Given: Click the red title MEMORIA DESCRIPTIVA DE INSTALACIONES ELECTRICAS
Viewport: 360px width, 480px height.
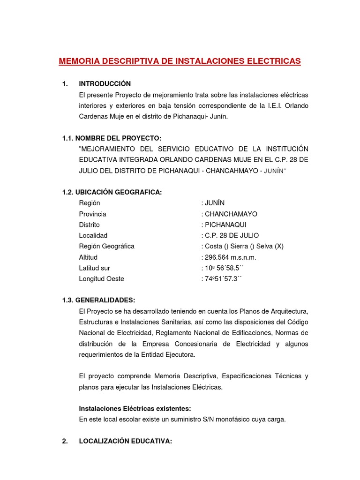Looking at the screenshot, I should click(180, 61).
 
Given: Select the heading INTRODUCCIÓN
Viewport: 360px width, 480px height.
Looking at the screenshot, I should click(105, 84).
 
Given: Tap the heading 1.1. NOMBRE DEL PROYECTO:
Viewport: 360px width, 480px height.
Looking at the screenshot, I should click(112, 138).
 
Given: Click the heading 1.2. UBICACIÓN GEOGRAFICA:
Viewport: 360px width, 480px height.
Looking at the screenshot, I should click(112, 192).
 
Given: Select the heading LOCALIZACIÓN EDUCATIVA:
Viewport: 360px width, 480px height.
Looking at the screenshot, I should click(126, 441).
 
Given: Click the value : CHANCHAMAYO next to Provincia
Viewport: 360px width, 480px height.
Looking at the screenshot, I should click(229, 214).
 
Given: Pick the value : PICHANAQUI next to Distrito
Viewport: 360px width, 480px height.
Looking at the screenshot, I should click(224, 225).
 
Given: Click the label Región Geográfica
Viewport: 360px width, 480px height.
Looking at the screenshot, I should click(106, 246).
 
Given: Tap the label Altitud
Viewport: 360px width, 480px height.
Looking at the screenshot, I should click(89, 257).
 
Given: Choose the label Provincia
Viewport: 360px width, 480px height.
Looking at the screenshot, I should click(93, 214).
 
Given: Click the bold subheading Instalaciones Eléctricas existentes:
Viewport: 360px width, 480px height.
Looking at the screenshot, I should click(135, 408).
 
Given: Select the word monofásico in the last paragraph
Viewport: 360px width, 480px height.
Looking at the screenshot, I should click(232, 419).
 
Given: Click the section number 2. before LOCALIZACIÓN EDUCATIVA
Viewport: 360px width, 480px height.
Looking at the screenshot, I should click(66, 441).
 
